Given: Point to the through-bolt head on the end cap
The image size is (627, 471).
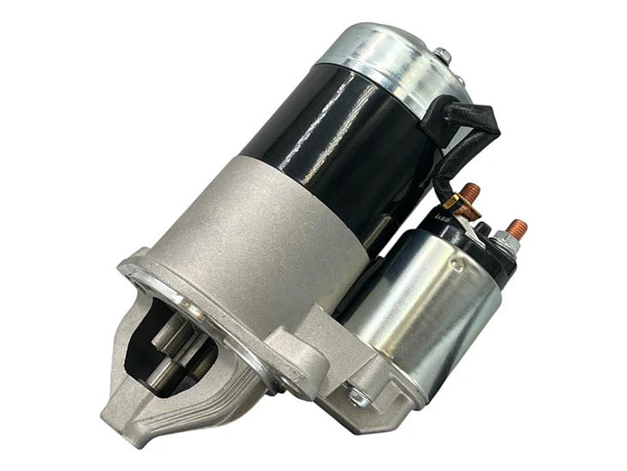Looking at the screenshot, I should pos(444,57).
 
